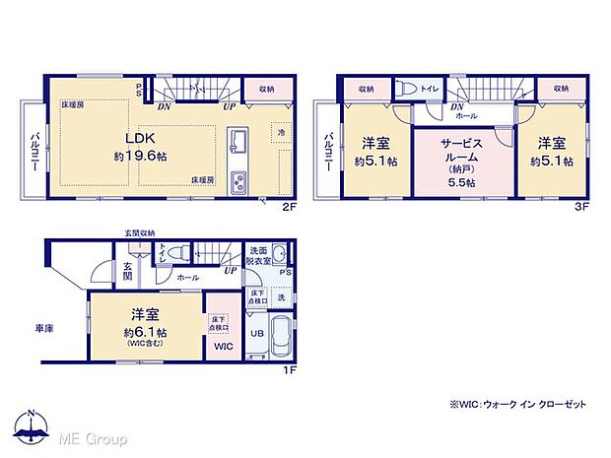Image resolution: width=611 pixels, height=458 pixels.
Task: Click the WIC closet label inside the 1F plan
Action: [x=223, y=346]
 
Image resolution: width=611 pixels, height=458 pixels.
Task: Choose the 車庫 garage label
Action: [x=46, y=327]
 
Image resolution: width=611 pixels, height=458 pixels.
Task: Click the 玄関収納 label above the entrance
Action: [x=139, y=232]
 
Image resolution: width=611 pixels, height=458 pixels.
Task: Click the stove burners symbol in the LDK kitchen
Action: [x=239, y=183]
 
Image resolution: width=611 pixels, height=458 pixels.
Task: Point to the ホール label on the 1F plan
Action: [x=188, y=279]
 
